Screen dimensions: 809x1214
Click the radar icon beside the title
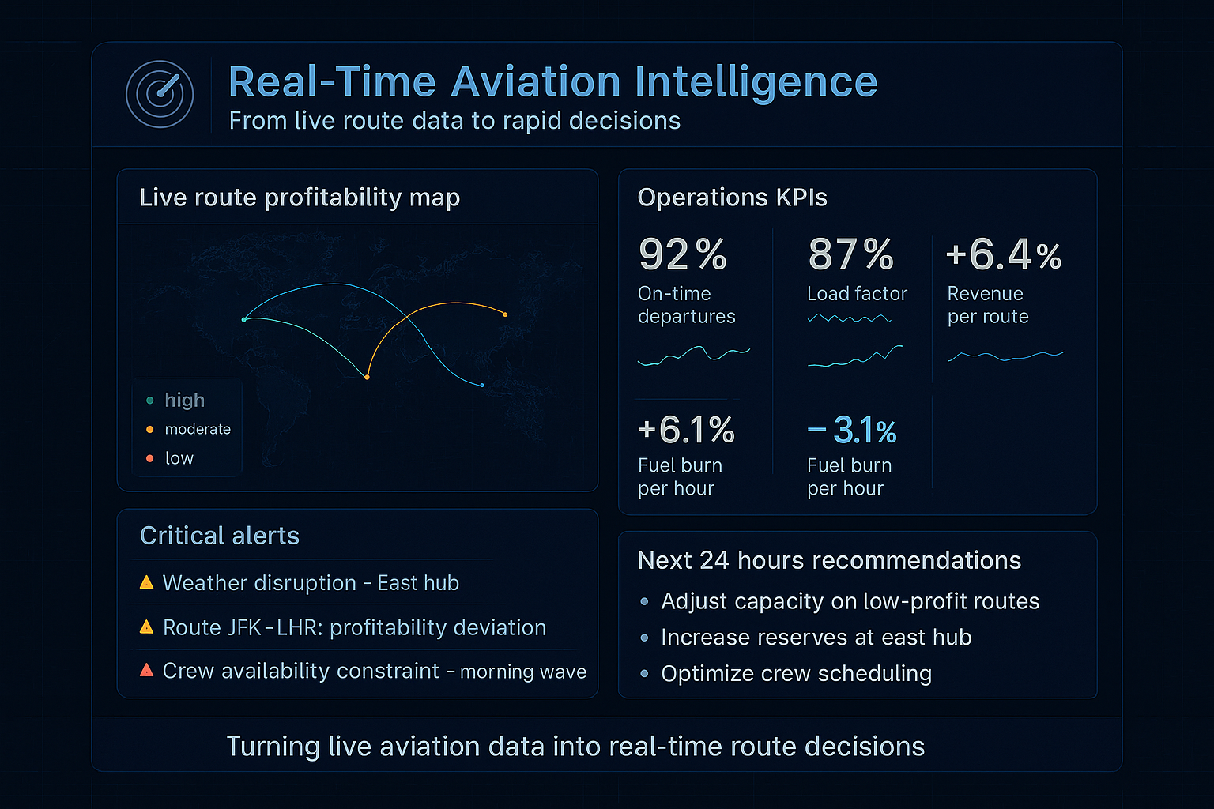(x=160, y=94)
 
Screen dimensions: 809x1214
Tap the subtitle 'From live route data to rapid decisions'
(x=454, y=121)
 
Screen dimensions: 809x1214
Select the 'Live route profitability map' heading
(x=300, y=198)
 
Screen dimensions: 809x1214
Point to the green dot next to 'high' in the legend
(x=150, y=401)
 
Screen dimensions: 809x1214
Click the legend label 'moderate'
(x=198, y=429)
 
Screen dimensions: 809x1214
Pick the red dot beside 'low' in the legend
(x=150, y=458)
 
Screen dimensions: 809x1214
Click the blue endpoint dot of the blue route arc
(x=482, y=386)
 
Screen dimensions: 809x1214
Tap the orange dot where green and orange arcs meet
(x=367, y=378)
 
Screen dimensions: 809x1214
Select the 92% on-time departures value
(x=682, y=255)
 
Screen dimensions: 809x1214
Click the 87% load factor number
(x=850, y=255)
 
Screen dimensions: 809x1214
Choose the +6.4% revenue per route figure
(x=1003, y=255)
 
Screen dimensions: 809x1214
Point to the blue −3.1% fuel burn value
(x=852, y=431)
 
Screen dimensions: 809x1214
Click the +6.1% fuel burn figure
(x=686, y=431)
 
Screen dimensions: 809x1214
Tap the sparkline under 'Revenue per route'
(x=1005, y=356)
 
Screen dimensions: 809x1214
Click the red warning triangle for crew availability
(x=146, y=671)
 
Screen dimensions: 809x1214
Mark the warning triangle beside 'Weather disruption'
(x=146, y=583)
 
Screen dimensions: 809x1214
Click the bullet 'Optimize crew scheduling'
(x=796, y=674)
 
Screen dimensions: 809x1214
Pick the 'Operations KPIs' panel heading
(x=732, y=198)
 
